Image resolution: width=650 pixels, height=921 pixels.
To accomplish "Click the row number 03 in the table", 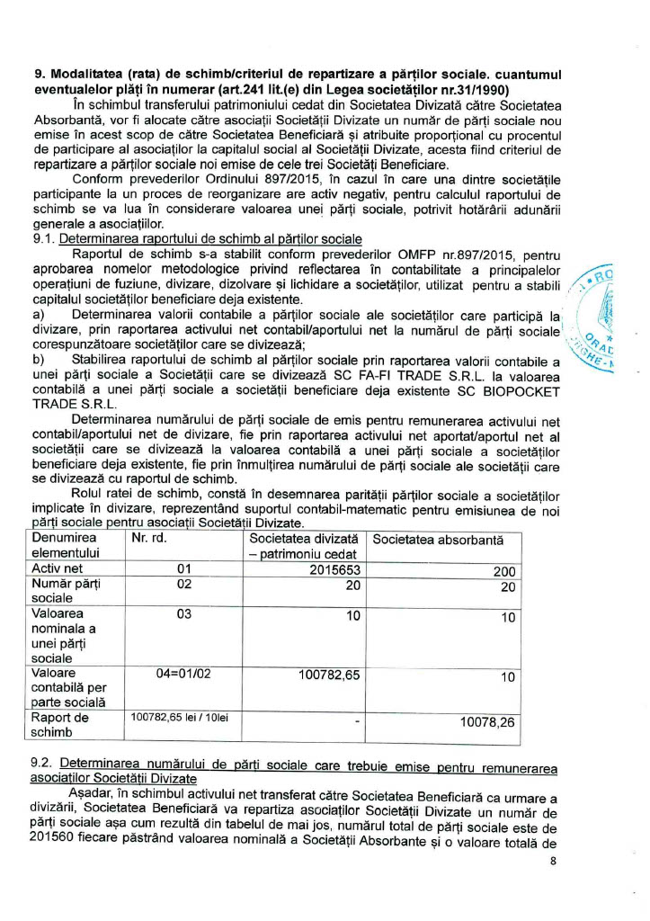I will pyautogui.click(x=184, y=614).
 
